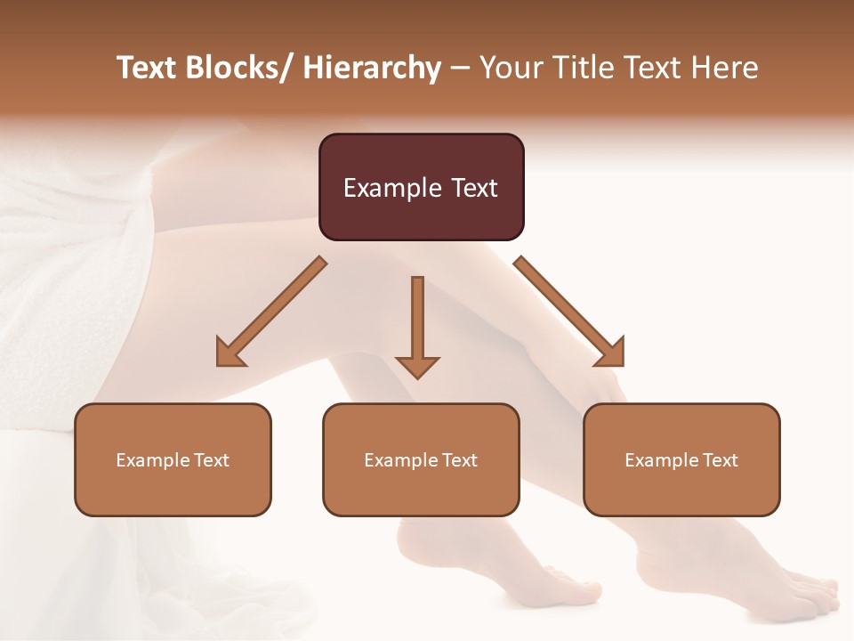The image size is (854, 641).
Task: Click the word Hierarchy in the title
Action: click(x=372, y=68)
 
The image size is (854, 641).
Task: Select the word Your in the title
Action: click(x=508, y=68)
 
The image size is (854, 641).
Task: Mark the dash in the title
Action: click(x=460, y=68)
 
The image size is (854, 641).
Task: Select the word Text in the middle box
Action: click(x=459, y=460)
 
